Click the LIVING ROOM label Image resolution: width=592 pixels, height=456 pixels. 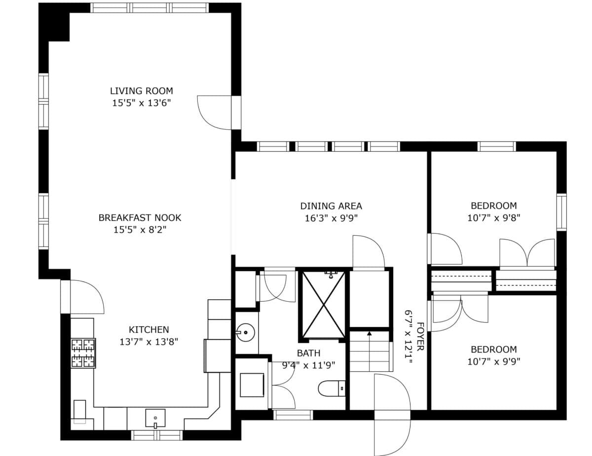[x=142, y=91]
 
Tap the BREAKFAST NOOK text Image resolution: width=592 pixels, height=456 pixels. [x=140, y=218]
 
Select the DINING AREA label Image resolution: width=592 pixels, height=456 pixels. [x=331, y=206]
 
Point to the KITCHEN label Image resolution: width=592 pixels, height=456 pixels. [x=149, y=330]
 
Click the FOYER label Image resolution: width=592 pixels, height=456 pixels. [x=420, y=337]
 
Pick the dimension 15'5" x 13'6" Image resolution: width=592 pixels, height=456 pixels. [x=142, y=103]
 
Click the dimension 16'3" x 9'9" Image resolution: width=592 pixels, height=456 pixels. [x=331, y=218]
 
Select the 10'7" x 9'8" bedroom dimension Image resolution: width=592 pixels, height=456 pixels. [x=494, y=218]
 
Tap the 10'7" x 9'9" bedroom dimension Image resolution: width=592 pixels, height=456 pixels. [x=494, y=362]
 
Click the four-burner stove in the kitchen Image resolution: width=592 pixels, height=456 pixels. [x=83, y=353]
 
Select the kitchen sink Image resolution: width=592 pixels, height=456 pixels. [x=155, y=419]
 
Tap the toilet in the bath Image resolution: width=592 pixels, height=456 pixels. [x=332, y=388]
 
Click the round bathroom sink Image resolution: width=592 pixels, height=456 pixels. [x=245, y=332]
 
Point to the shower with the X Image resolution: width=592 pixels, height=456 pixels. [x=323, y=305]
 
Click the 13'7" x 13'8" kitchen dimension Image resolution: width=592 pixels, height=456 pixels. [x=149, y=342]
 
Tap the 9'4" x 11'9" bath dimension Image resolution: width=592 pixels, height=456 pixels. [x=308, y=365]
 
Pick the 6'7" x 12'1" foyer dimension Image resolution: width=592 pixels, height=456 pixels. [x=408, y=337]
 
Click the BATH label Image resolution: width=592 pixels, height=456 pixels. [x=308, y=353]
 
